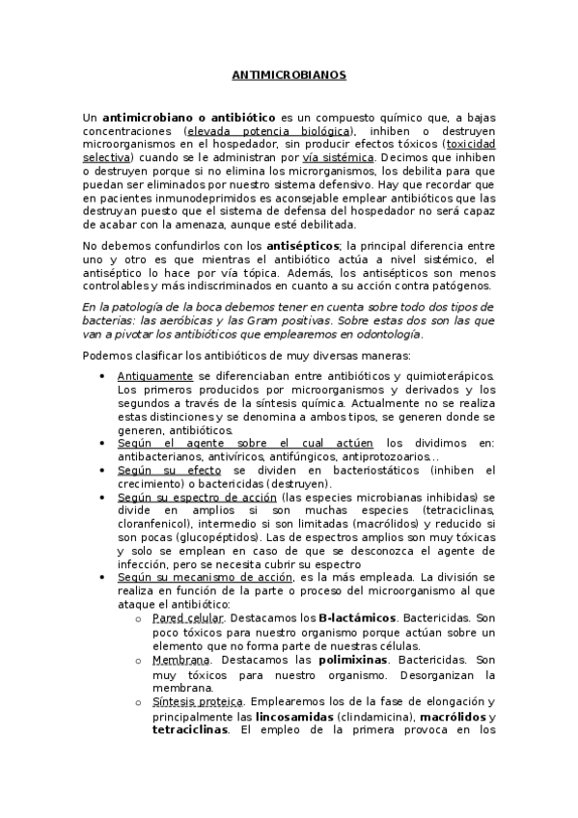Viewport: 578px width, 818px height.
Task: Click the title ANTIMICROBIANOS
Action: [x=289, y=73]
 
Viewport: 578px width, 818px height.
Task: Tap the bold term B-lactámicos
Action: [x=356, y=616]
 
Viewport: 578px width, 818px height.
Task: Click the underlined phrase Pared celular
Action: [x=188, y=616]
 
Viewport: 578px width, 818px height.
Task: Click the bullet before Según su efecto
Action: [x=102, y=470]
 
